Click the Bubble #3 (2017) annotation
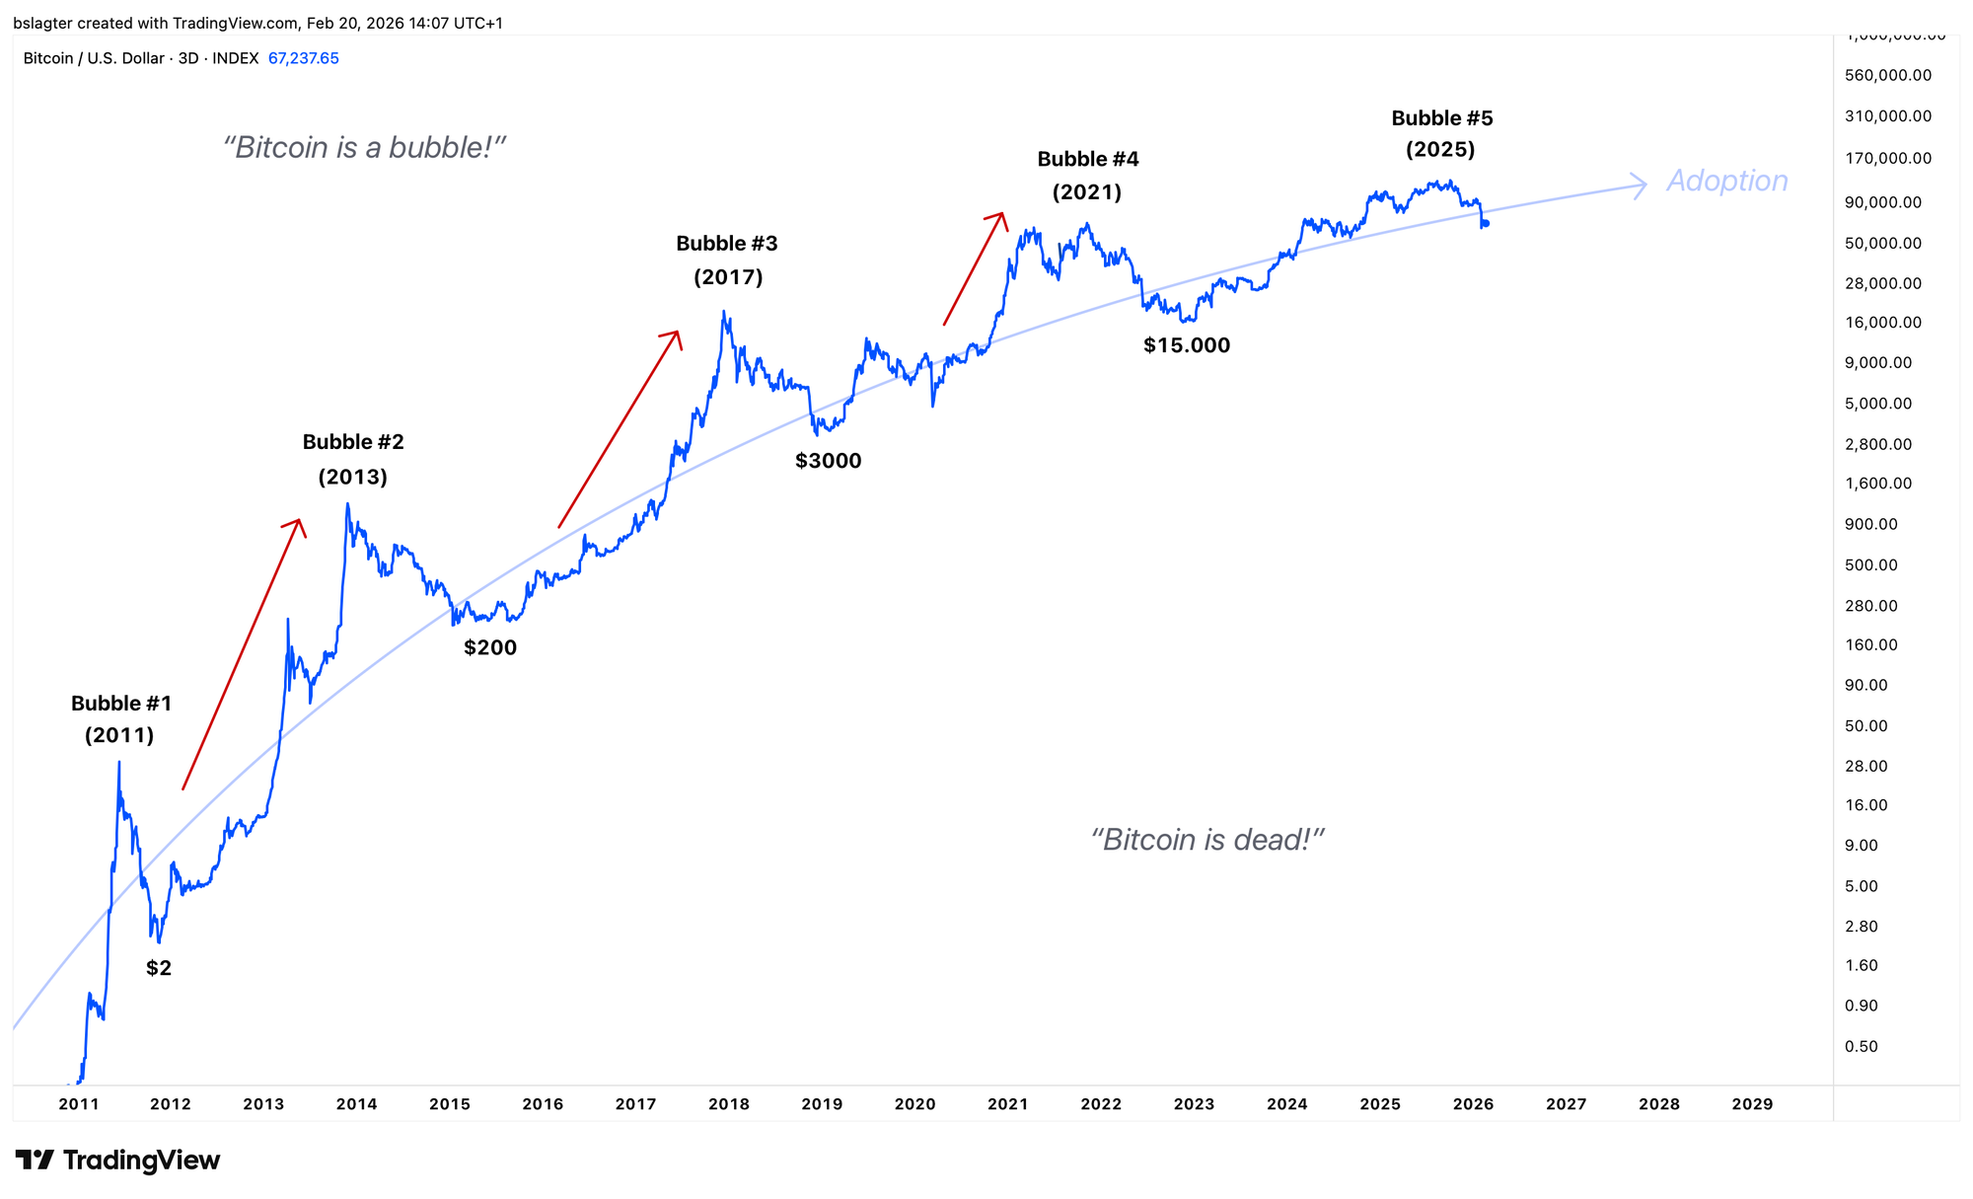tap(727, 260)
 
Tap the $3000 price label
tap(828, 461)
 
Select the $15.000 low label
tap(1186, 345)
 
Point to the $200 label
tap(490, 648)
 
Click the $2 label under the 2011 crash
tap(159, 968)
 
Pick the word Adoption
tap(1726, 181)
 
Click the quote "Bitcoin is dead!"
tap(1206, 840)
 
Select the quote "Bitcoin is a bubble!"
tap(364, 148)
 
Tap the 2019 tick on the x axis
tap(822, 1104)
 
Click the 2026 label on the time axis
tap(1473, 1104)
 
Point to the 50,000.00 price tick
tap(1883, 243)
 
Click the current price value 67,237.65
tap(303, 58)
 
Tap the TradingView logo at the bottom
tap(117, 1160)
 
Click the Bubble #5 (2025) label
tap(1441, 133)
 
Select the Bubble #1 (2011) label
tap(120, 718)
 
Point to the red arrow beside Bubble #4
tap(974, 267)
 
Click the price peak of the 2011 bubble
tap(119, 763)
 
